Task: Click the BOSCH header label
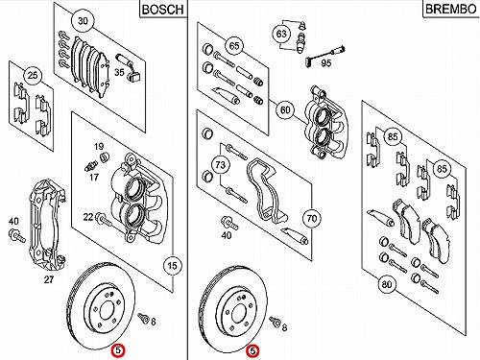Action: coord(163,10)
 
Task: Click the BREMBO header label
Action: coord(450,9)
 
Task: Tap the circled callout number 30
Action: coord(83,21)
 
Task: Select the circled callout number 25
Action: coord(33,76)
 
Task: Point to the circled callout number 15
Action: coord(172,265)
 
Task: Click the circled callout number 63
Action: coord(281,34)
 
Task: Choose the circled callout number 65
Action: coord(234,45)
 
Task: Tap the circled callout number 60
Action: coord(285,110)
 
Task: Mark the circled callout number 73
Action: coord(220,165)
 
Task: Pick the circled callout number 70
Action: coord(312,219)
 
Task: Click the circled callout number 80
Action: coord(387,284)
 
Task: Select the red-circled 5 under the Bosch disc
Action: coord(118,350)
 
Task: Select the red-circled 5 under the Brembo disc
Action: coord(252,351)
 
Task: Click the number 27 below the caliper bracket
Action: coord(49,279)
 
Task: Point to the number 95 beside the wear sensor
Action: coord(325,63)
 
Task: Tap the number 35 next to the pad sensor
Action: coord(119,72)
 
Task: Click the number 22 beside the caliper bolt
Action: coord(88,217)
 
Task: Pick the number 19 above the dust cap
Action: coord(99,147)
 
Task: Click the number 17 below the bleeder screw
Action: coord(94,177)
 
